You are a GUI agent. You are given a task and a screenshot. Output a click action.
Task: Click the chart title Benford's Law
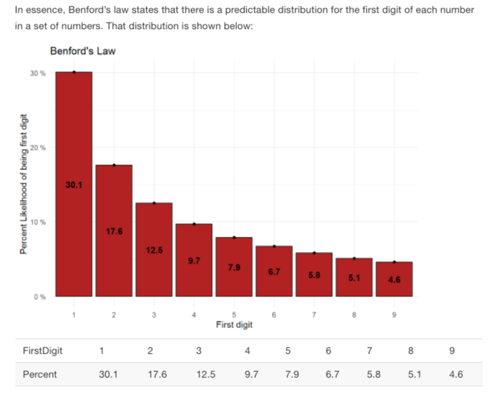(x=78, y=52)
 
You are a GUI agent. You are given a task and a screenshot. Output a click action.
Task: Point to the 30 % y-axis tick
(x=38, y=72)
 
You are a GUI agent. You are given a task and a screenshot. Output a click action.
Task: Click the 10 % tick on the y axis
(x=38, y=222)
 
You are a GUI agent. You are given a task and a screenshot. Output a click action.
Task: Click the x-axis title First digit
(x=234, y=325)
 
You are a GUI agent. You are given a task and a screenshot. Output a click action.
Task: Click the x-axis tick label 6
(x=273, y=315)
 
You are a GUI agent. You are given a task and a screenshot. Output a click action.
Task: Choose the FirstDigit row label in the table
(x=43, y=350)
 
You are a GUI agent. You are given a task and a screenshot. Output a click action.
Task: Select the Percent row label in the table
(x=40, y=374)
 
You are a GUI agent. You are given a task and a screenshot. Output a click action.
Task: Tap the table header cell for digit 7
(x=370, y=350)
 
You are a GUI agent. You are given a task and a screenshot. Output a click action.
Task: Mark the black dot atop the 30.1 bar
(x=74, y=72)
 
